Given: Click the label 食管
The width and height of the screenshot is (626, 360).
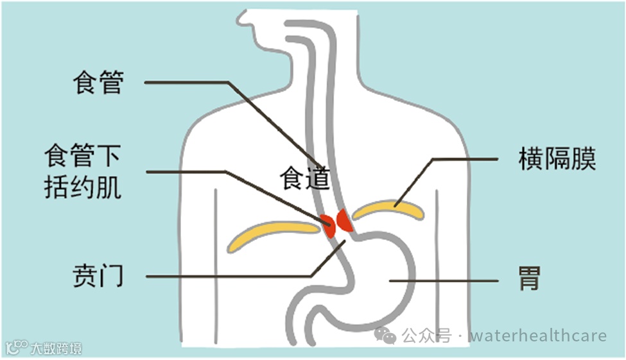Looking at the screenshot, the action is (98, 83).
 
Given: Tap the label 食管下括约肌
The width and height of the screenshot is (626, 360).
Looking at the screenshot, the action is (83, 172).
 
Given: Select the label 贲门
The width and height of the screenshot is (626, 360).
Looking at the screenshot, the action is (98, 277).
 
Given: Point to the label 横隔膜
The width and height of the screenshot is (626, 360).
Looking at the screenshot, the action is (557, 159).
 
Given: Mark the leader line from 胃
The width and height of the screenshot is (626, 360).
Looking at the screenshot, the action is (443, 281).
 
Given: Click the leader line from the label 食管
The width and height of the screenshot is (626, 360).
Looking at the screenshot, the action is (193, 83).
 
